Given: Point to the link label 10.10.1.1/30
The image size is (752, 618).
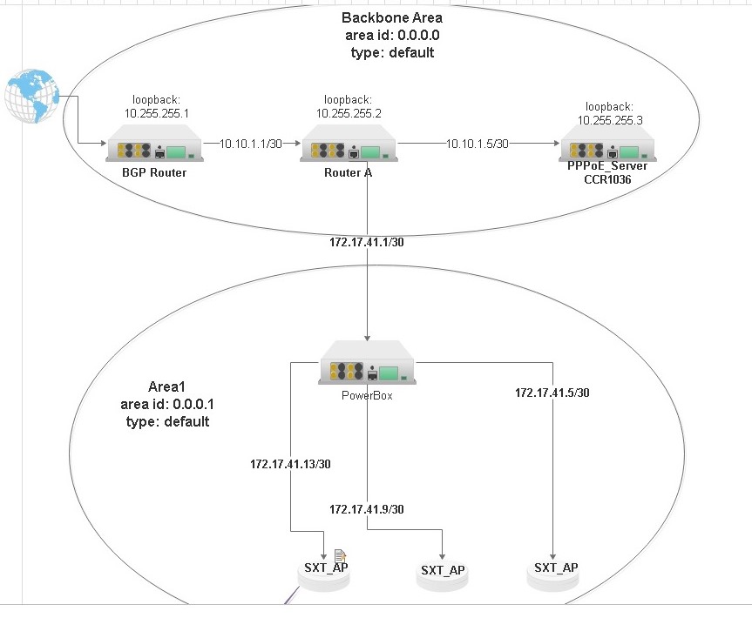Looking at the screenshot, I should (250, 144).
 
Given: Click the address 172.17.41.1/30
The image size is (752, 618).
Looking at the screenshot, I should (367, 241).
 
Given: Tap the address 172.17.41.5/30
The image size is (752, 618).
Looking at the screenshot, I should (552, 393).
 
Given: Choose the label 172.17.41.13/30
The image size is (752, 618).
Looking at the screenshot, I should (290, 464).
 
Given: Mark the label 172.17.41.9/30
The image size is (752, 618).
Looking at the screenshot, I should (367, 508).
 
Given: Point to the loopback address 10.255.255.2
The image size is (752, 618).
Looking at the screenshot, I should (348, 113).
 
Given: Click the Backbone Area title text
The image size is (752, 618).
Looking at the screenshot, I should (391, 17).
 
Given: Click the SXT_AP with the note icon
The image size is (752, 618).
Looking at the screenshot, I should (326, 574).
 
